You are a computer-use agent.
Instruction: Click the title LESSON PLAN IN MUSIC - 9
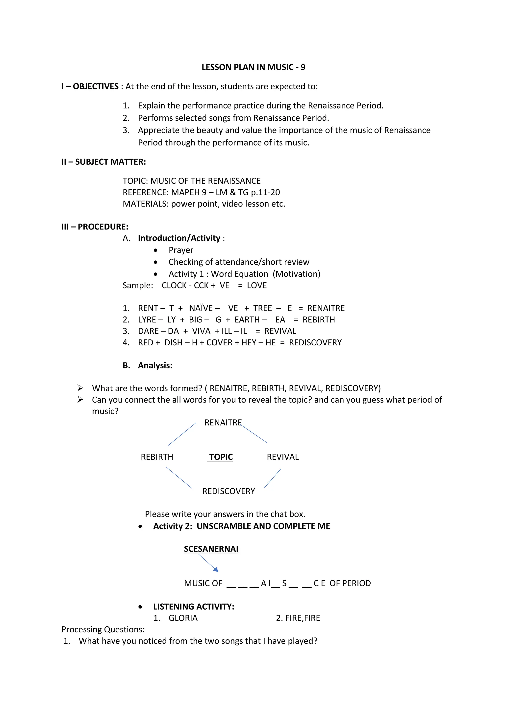click(x=253, y=67)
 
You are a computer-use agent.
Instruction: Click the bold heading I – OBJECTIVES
click(x=90, y=86)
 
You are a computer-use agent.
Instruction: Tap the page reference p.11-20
click(x=265, y=192)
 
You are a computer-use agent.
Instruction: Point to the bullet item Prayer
click(x=181, y=250)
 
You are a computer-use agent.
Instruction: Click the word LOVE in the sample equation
click(x=257, y=285)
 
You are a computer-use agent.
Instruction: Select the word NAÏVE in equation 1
click(x=201, y=308)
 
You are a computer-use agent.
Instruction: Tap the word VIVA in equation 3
click(x=201, y=331)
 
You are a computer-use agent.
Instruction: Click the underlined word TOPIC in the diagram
click(x=221, y=457)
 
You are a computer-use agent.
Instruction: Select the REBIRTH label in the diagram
click(x=157, y=457)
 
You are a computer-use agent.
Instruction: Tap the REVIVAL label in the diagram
click(x=282, y=457)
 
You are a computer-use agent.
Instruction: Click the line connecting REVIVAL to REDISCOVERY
click(x=273, y=478)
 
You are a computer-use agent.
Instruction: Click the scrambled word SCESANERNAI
click(x=211, y=549)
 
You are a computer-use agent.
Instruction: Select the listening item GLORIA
click(x=183, y=618)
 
